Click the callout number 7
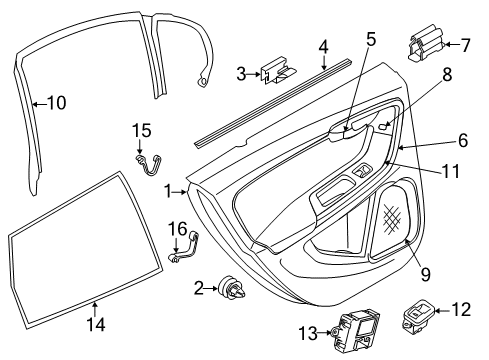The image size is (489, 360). (x=465, y=45)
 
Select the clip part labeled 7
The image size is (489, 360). (x=426, y=43)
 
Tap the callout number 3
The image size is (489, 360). (x=241, y=74)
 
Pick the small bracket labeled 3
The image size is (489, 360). (x=278, y=70)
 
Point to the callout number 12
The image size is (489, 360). (x=461, y=310)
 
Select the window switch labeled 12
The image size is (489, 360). (x=419, y=316)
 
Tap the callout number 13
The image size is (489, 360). (x=308, y=333)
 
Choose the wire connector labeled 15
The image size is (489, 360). (x=150, y=164)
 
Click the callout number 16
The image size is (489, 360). (x=177, y=229)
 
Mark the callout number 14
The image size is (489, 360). (x=96, y=324)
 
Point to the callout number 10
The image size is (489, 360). (x=57, y=103)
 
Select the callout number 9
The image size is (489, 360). (x=425, y=275)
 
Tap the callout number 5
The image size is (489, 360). (x=371, y=40)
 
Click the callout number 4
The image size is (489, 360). (x=323, y=48)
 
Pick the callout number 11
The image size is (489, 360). (x=451, y=171)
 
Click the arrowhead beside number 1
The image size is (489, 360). (x=184, y=192)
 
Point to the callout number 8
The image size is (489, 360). (x=447, y=75)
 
